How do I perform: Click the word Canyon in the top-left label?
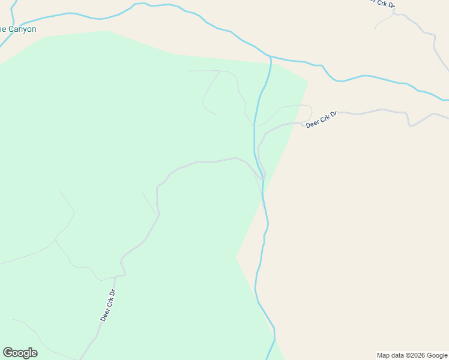pyautogui.click(x=22, y=29)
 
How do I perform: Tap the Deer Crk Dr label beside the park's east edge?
pyautogui.click(x=322, y=119)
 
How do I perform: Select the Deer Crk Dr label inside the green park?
pyautogui.click(x=107, y=306)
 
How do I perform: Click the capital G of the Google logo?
pyautogui.click(x=8, y=353)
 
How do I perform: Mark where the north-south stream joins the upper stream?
pyautogui.click(x=271, y=57)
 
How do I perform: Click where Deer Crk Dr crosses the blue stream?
pyautogui.click(x=262, y=178)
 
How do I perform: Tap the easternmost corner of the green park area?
pyautogui.click(x=309, y=81)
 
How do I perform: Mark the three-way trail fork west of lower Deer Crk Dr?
pyautogui.click(x=56, y=239)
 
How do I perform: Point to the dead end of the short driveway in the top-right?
pyautogui.click(x=375, y=29)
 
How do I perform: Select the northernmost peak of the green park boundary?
pyautogui.click(x=107, y=31)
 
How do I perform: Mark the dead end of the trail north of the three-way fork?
pyautogui.click(x=59, y=191)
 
